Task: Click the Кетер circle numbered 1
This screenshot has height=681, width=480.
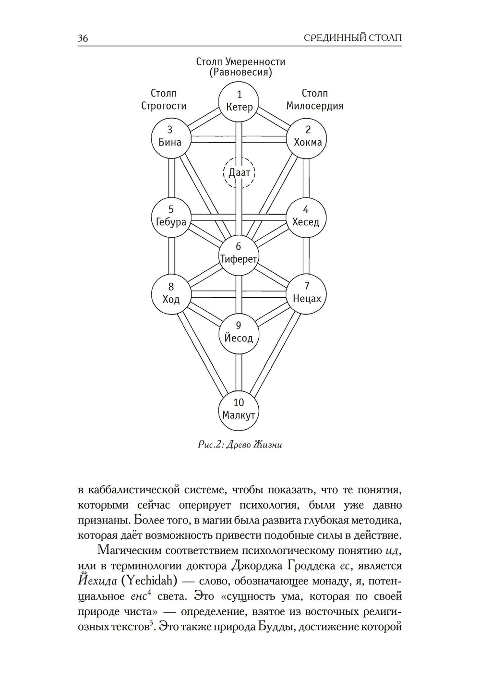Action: click(x=239, y=102)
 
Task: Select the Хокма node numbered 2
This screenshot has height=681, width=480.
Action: click(x=307, y=138)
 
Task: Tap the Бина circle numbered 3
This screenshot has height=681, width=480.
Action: click(x=171, y=138)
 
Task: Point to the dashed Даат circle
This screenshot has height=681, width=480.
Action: click(x=239, y=173)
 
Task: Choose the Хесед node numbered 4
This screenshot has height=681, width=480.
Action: click(x=306, y=218)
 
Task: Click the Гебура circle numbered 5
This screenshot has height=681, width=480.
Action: click(x=171, y=218)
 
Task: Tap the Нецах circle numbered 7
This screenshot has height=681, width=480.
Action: click(x=306, y=294)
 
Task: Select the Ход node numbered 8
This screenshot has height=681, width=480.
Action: click(x=171, y=294)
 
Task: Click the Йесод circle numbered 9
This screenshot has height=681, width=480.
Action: click(x=239, y=333)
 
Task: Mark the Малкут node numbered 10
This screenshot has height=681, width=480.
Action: click(x=239, y=411)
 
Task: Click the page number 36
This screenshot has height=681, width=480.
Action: click(x=83, y=38)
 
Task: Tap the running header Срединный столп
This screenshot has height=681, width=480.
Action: click(x=353, y=38)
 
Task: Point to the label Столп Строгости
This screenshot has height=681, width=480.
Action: click(x=164, y=99)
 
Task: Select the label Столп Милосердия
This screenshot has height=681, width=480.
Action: click(x=315, y=99)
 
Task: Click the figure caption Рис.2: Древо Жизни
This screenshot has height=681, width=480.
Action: click(x=240, y=445)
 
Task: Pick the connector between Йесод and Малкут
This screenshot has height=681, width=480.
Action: click(x=239, y=372)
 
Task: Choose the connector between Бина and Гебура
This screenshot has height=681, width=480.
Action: click(x=172, y=178)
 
